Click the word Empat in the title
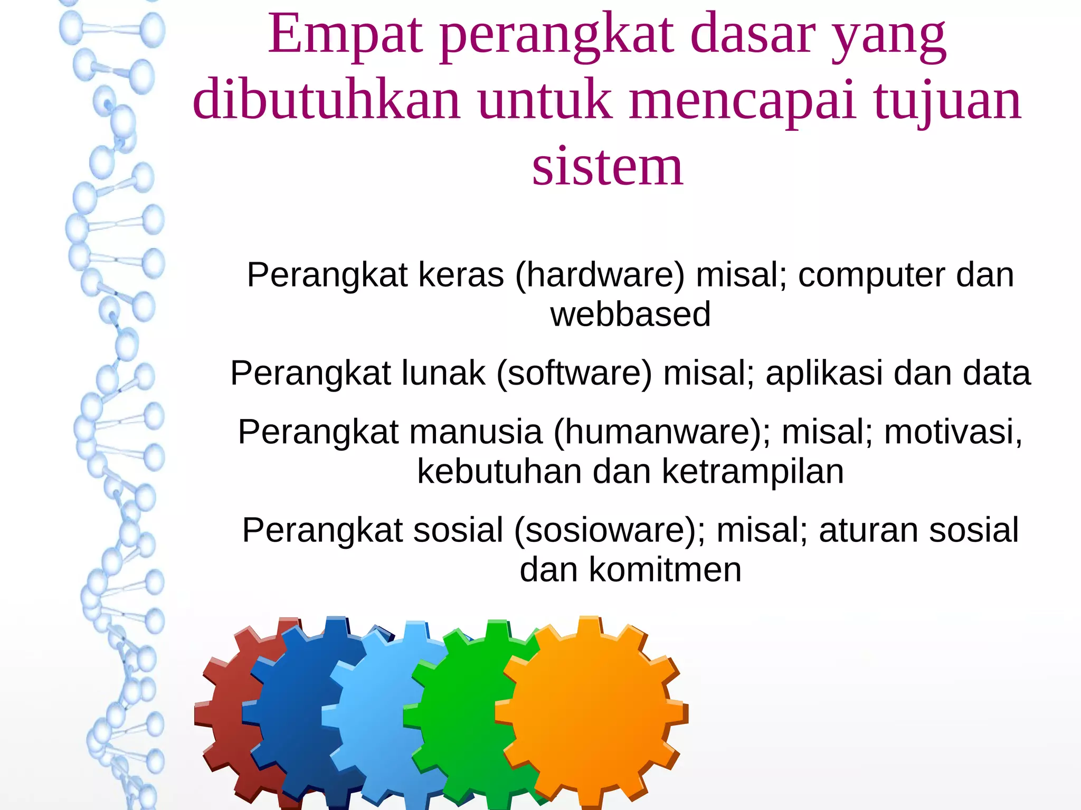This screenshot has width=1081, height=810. pyautogui.click(x=346, y=36)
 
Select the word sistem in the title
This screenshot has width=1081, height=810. pyautogui.click(x=608, y=167)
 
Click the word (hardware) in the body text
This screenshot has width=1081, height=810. pyautogui.click(x=600, y=275)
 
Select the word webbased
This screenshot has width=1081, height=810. pyautogui.click(x=630, y=315)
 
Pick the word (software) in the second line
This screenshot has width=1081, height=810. pyautogui.click(x=574, y=374)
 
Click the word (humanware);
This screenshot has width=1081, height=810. pyautogui.click(x=662, y=432)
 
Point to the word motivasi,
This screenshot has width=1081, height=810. pyautogui.click(x=953, y=432)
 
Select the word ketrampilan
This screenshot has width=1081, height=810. pyautogui.click(x=753, y=471)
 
